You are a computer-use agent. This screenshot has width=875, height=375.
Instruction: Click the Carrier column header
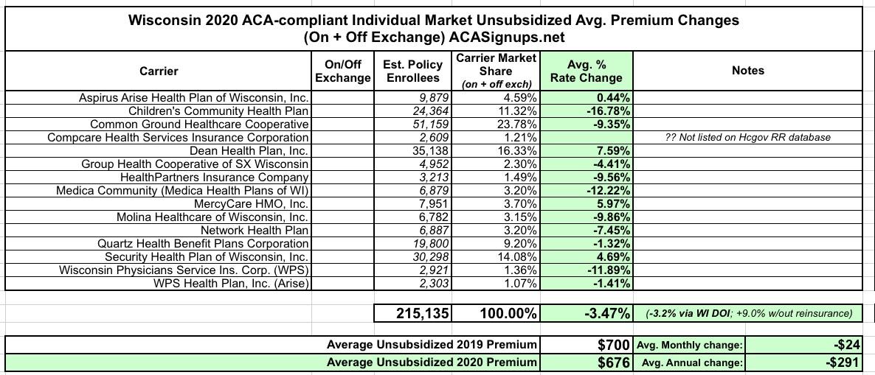coord(159,71)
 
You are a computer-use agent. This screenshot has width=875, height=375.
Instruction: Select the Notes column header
coord(747,71)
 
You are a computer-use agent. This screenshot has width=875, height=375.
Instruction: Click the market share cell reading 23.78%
coord(516,124)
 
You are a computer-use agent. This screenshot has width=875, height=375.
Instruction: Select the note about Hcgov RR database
coord(748,137)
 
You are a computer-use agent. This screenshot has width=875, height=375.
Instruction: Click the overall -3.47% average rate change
coord(603,312)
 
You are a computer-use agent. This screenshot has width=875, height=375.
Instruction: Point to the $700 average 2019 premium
coord(613,344)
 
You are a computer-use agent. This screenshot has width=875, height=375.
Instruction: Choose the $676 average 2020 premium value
coord(613,362)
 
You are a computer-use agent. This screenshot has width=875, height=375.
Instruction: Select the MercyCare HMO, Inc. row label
coord(251,203)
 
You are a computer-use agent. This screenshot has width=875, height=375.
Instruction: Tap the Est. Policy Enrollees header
coord(412,71)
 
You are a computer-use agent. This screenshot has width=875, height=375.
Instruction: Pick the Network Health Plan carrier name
coord(253,230)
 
